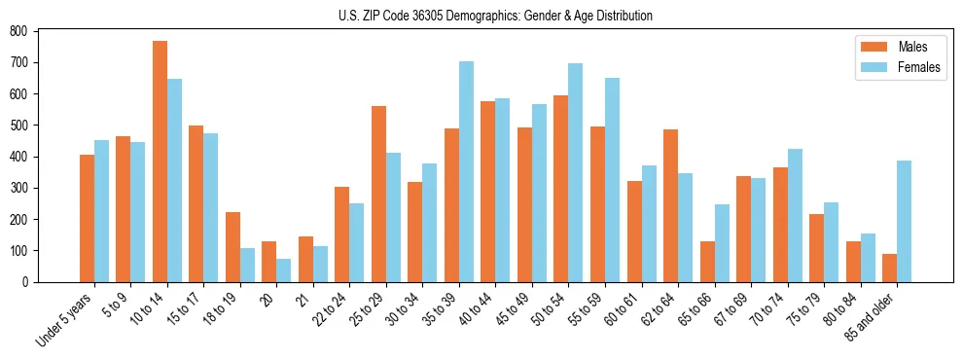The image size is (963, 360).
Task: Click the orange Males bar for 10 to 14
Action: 160,162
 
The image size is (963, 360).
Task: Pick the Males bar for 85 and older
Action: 889,268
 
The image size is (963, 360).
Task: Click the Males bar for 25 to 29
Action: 378,194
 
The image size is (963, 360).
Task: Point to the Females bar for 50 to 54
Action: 576,172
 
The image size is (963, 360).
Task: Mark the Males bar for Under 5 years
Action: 87,218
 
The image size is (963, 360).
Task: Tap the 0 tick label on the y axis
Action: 26,282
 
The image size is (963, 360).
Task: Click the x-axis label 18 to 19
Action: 220,310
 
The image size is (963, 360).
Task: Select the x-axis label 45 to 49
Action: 512,310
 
